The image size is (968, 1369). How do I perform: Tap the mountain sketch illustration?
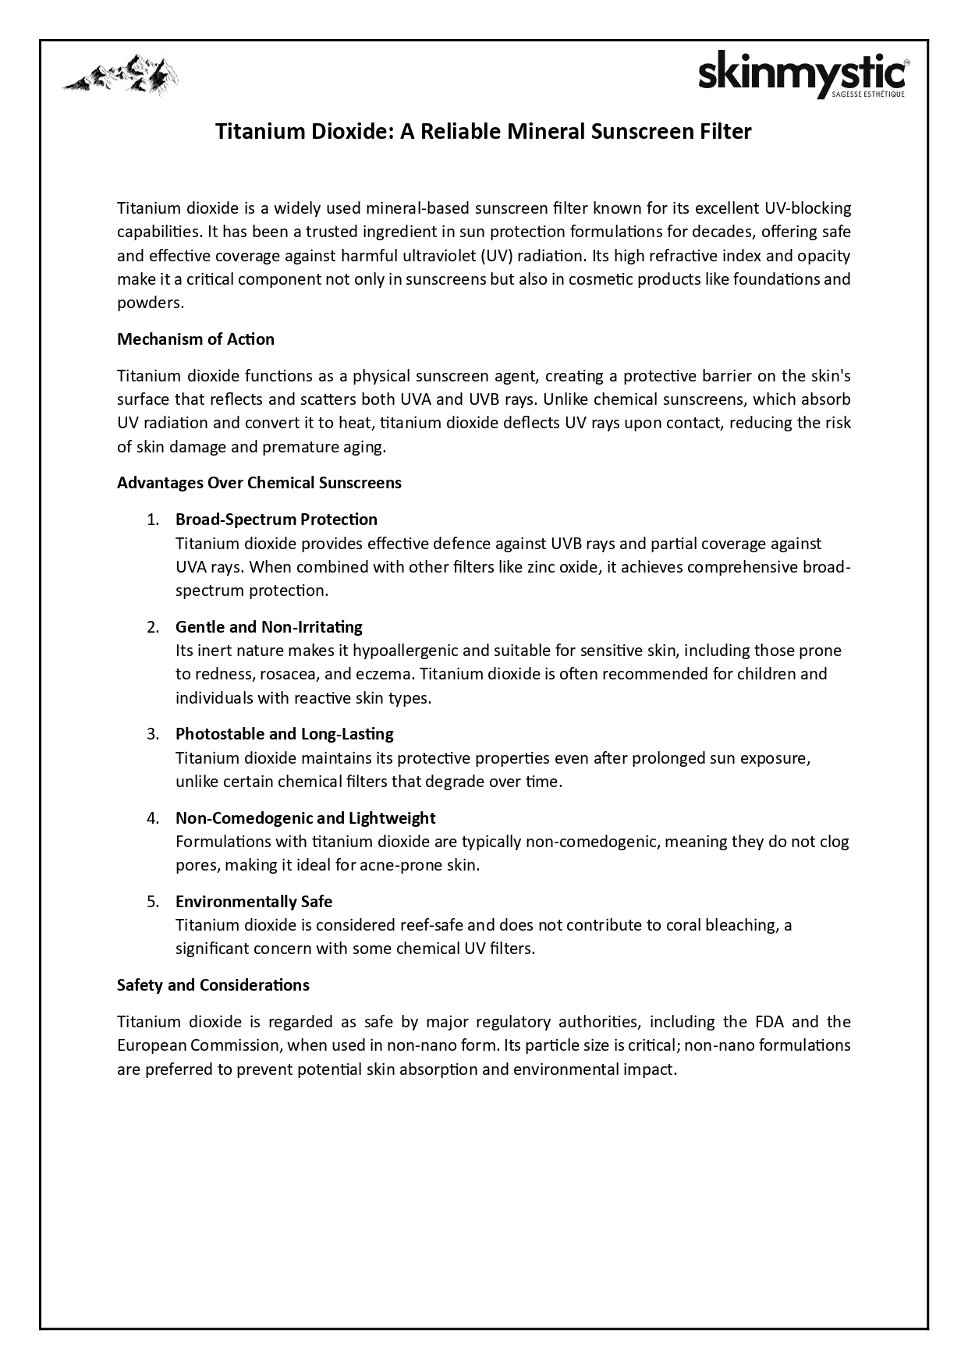pos(121,75)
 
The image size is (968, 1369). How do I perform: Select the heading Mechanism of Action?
pos(196,339)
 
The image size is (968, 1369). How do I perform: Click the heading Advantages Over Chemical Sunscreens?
pos(259,483)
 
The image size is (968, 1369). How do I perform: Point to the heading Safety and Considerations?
pos(213,985)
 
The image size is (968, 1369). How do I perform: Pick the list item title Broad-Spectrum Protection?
pos(276,520)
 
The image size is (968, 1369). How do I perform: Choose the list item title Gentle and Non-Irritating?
pos(269,627)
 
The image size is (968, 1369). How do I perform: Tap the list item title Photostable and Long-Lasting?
pos(285,734)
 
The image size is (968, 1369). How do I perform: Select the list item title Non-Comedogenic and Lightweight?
pos(306,818)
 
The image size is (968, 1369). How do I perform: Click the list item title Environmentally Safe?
pos(254,902)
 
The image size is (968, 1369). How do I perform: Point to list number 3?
pos(153,734)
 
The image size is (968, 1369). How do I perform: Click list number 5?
pos(153,902)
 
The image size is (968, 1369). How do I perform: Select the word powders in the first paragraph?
pos(150,303)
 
